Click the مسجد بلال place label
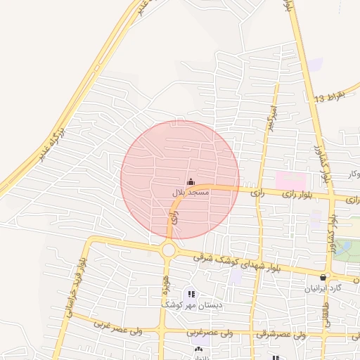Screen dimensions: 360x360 (190, 191)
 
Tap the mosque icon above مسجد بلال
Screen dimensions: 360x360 (190, 181)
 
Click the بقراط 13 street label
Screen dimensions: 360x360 (330, 96)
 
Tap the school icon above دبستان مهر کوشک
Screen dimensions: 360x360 (191, 294)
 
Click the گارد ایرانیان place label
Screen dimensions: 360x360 (323, 288)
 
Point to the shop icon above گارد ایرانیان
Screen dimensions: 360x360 (323, 277)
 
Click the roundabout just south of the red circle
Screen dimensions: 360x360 (168, 250)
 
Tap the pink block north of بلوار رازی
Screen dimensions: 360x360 (290, 180)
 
